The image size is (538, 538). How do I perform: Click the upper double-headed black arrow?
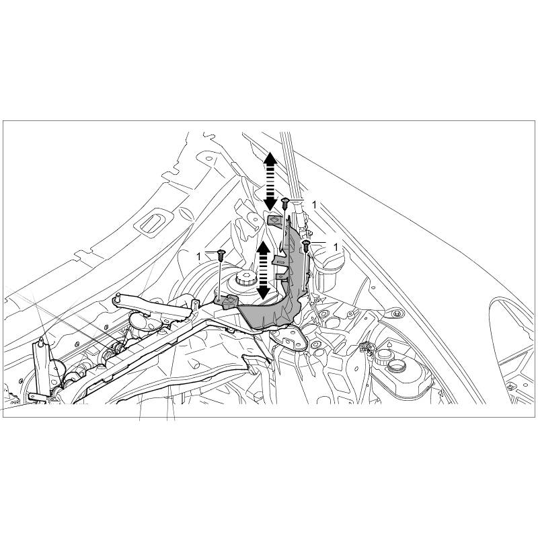click(x=270, y=181)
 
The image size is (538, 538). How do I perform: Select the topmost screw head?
click(x=284, y=202)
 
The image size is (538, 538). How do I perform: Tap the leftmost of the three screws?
click(x=221, y=255)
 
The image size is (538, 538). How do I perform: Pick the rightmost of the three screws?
click(x=306, y=245)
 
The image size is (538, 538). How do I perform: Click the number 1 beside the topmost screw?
click(x=314, y=205)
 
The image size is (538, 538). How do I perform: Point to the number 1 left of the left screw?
click(x=198, y=256)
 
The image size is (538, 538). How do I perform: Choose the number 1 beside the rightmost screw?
click(x=336, y=247)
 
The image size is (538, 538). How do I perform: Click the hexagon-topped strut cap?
click(x=245, y=277)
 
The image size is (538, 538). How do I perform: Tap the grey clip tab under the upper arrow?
click(x=275, y=219)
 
